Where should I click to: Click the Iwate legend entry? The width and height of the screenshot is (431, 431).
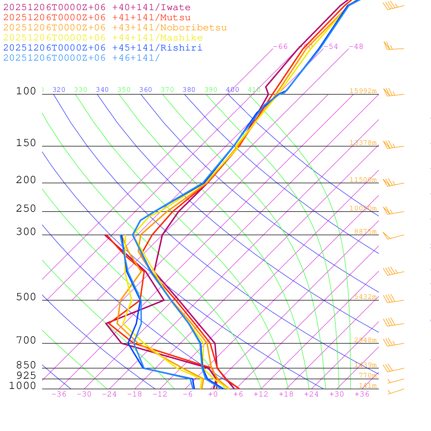97,8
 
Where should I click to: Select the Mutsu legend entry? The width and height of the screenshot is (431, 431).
97,18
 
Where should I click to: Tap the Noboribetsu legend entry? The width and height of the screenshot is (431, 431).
115,28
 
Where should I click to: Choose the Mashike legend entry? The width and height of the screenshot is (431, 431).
103,38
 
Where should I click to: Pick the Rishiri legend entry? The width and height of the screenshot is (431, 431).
103,48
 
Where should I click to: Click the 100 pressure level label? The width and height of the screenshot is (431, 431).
26,91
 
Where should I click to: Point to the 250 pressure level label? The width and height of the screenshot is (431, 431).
26,209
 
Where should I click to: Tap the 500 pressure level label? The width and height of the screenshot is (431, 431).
26,297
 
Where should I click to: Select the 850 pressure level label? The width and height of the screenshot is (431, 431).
26,365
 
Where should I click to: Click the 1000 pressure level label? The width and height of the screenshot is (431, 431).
22,386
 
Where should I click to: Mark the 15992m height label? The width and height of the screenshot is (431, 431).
363,91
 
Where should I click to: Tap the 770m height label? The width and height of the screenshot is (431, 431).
367,375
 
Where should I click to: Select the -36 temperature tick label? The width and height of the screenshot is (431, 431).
59,394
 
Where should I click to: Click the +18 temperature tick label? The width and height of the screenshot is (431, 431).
286,394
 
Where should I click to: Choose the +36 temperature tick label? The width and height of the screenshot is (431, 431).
362,394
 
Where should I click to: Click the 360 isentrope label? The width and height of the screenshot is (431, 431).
145,90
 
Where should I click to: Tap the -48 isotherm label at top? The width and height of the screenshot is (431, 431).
356,47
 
